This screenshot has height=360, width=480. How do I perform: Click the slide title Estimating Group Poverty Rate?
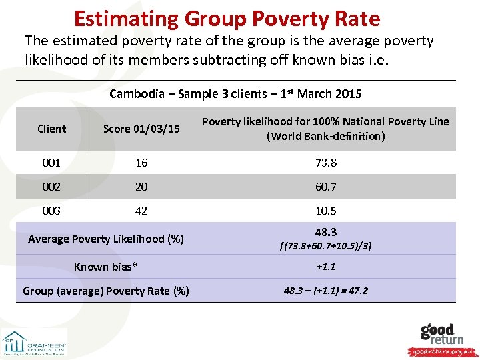click(227, 18)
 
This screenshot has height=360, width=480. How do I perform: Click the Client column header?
click(52, 129)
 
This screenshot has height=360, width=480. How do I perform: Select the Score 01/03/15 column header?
click(141, 129)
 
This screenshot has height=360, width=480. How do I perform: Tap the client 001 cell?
click(51, 163)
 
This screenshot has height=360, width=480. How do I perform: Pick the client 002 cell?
click(51, 187)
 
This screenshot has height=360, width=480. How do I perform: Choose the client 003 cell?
click(51, 211)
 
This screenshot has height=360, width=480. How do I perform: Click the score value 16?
click(141, 163)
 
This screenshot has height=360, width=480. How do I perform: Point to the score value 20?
click(141, 187)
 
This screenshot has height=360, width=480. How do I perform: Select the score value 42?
click(141, 211)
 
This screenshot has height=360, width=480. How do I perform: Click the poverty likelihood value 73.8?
click(325, 163)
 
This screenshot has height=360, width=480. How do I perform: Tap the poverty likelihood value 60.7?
click(325, 187)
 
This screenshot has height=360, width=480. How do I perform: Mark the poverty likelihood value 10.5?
click(325, 211)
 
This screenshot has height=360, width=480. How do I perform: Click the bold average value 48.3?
click(325, 232)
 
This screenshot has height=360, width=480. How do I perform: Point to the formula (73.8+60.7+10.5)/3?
click(325, 246)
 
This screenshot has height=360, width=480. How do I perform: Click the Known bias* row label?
click(106, 267)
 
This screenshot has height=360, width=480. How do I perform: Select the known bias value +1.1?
click(325, 267)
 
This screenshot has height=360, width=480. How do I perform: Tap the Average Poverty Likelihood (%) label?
click(106, 239)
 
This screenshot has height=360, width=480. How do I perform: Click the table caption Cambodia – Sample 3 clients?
click(235, 94)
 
